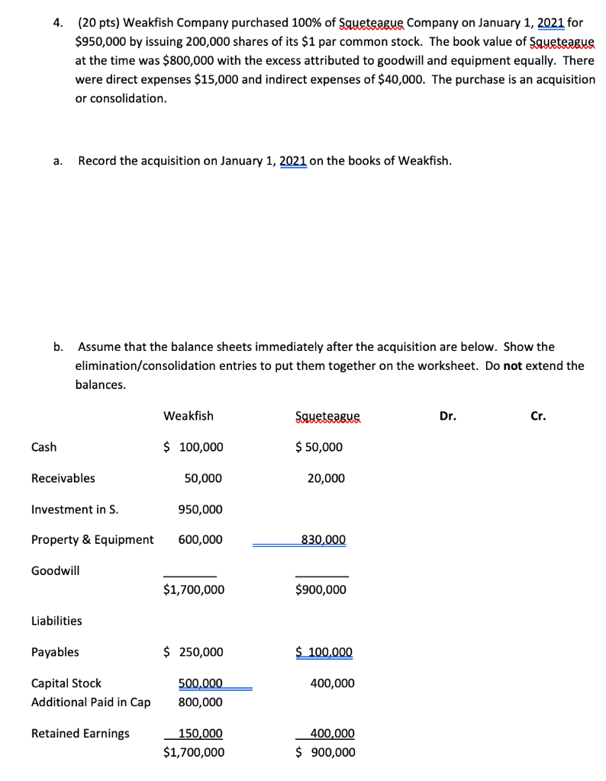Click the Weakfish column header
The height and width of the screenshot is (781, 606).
point(189,416)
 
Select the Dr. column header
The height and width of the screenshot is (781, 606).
point(448,416)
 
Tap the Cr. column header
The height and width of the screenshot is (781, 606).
point(539,416)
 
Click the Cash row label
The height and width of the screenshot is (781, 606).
point(44,447)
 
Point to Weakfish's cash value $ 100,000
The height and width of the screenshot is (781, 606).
point(194,447)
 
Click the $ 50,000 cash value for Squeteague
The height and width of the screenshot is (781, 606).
point(319,447)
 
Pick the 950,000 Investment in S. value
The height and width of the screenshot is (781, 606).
point(200,509)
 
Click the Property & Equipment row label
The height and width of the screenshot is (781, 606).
point(92,540)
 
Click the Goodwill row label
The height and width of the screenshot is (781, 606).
point(55,570)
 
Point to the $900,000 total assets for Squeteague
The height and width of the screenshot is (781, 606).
point(321,590)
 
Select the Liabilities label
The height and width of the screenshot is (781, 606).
point(56,621)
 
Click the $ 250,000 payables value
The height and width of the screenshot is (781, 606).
point(194,652)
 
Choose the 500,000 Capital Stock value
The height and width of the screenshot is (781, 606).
point(200,683)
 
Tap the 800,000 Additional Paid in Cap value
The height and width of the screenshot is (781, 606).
point(200,702)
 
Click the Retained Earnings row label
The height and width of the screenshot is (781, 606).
point(80,734)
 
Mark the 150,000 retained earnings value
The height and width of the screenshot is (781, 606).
point(200,734)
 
